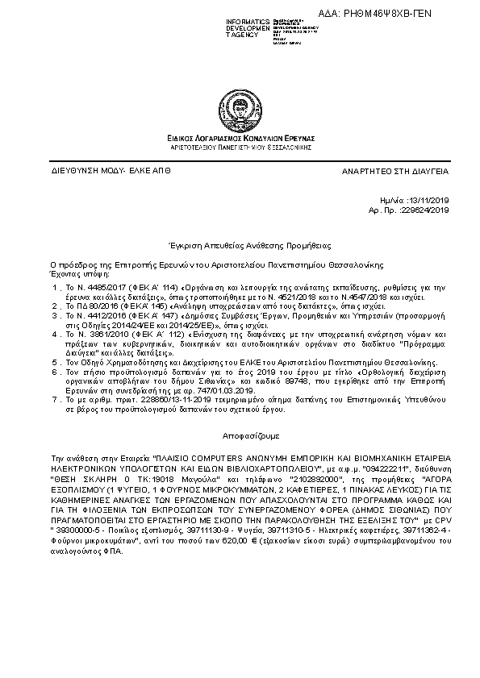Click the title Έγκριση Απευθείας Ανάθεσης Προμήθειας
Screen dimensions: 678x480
click(x=240, y=243)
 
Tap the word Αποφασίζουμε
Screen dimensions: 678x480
click(x=240, y=433)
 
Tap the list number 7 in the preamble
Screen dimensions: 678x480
click(x=54, y=399)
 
